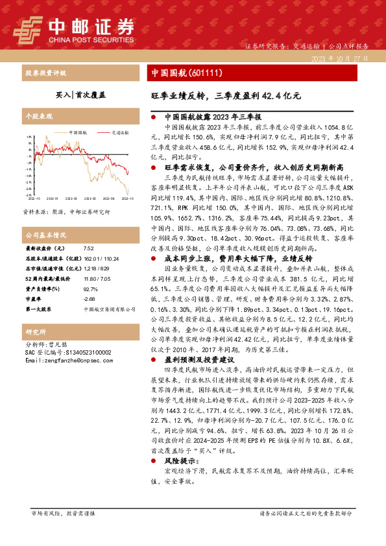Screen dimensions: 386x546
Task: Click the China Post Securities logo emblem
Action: point(29,27)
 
